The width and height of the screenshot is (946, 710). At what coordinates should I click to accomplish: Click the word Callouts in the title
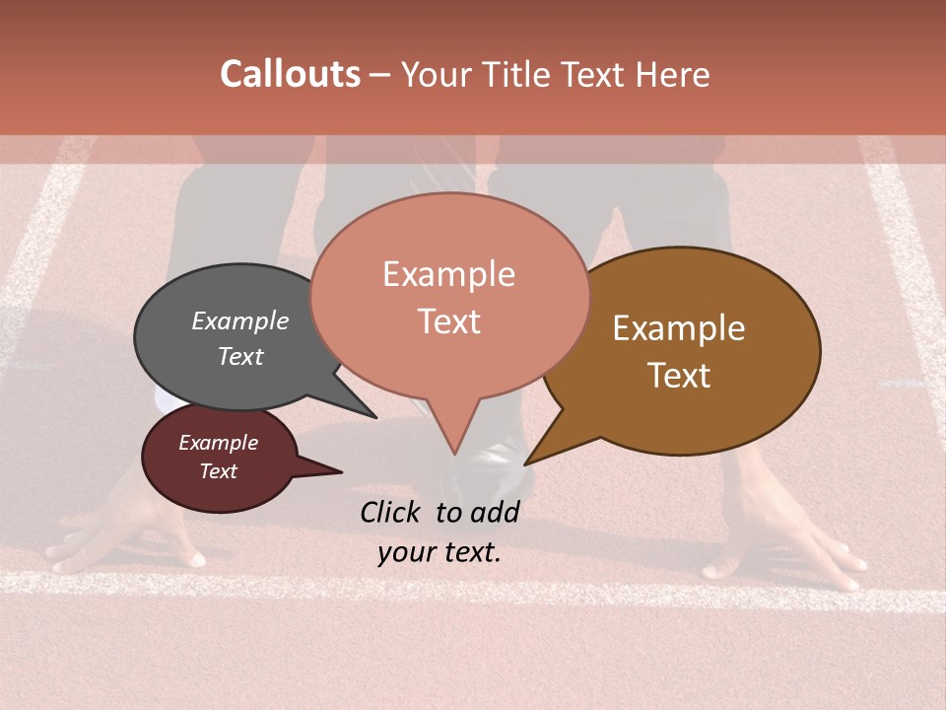pyautogui.click(x=290, y=74)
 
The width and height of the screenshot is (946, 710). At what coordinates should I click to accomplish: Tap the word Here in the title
pyautogui.click(x=670, y=75)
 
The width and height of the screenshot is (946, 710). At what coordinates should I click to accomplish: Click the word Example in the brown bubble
pyautogui.click(x=679, y=328)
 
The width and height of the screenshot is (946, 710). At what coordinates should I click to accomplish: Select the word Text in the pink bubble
pyautogui.click(x=448, y=321)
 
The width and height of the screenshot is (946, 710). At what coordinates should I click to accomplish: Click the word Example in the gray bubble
pyautogui.click(x=239, y=320)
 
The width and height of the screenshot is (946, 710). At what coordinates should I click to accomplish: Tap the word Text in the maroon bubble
pyautogui.click(x=218, y=471)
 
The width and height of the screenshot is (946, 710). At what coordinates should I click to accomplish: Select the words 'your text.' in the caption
pyautogui.click(x=439, y=552)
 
